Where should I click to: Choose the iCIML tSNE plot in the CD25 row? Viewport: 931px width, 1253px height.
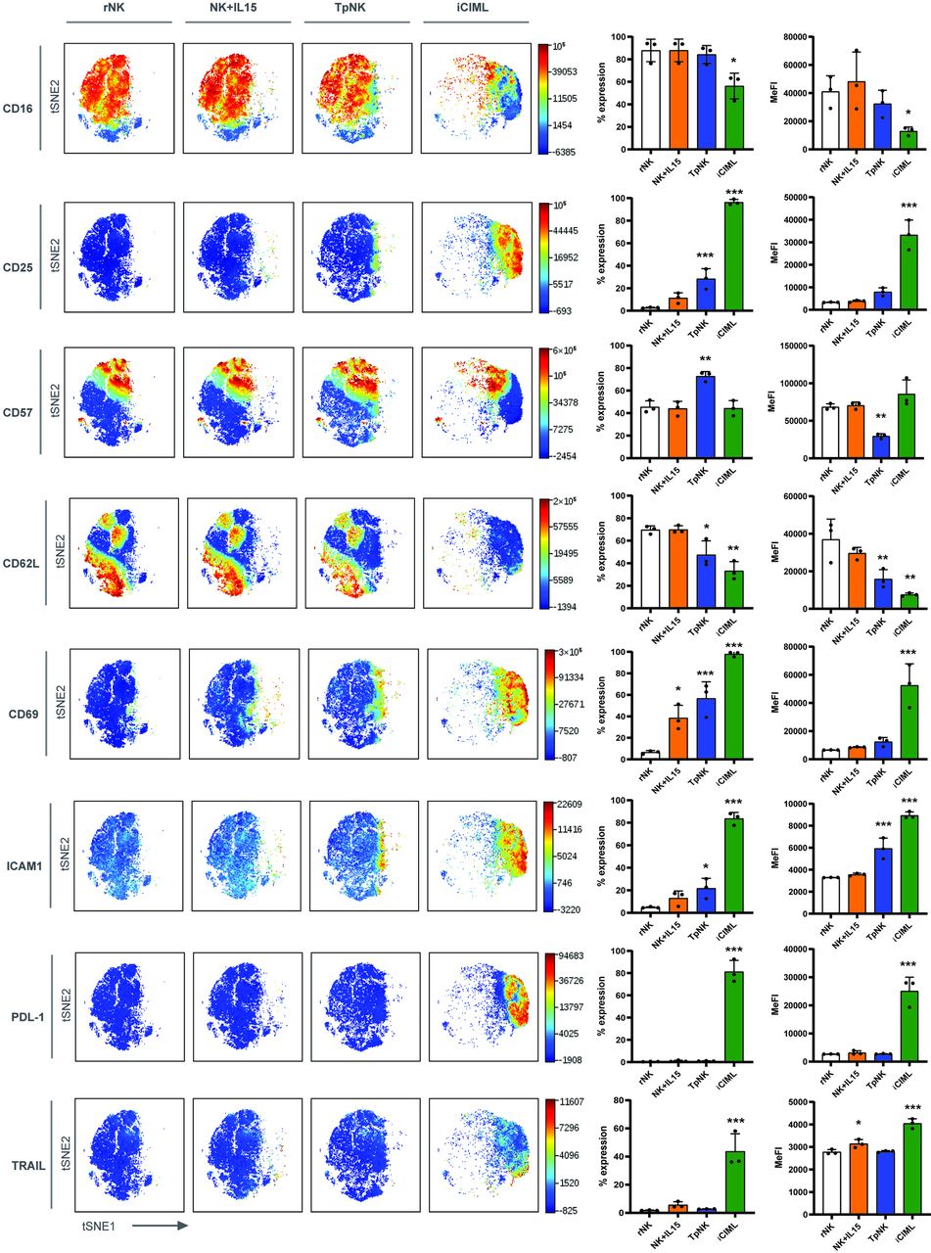(476, 256)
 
